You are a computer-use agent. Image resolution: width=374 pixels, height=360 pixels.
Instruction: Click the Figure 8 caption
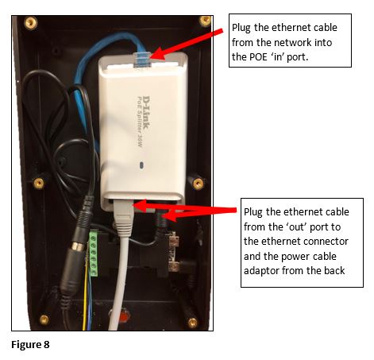[x=30, y=344]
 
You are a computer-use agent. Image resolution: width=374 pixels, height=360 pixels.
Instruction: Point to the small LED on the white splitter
[x=141, y=165]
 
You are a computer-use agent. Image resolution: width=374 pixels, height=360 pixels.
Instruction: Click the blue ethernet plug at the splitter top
[x=141, y=60]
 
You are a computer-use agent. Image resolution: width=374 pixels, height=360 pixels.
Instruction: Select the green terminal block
[x=93, y=254]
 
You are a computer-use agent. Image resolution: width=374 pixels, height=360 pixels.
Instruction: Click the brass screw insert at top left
[x=31, y=23]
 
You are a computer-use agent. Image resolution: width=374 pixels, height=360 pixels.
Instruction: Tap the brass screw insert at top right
[x=205, y=21]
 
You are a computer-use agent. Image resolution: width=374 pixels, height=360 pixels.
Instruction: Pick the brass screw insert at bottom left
[x=44, y=319]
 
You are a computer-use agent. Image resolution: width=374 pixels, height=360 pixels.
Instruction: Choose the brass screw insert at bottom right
[x=192, y=323]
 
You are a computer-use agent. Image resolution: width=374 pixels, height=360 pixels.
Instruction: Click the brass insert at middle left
[x=39, y=183]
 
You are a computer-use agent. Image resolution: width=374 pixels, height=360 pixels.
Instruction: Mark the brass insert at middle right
[x=198, y=183]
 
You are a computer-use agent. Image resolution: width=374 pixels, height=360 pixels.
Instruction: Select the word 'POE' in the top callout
[x=258, y=57]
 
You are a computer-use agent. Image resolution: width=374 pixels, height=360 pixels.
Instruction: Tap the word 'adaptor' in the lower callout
[x=261, y=271]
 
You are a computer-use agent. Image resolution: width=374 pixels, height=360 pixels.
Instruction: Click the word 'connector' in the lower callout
[x=326, y=242]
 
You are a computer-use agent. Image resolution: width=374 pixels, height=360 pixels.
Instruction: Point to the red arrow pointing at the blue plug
[x=187, y=45]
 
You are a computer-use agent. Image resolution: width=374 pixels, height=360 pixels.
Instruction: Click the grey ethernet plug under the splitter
[x=123, y=216]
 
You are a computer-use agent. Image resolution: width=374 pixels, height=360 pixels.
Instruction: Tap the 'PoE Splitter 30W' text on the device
[x=140, y=122]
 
